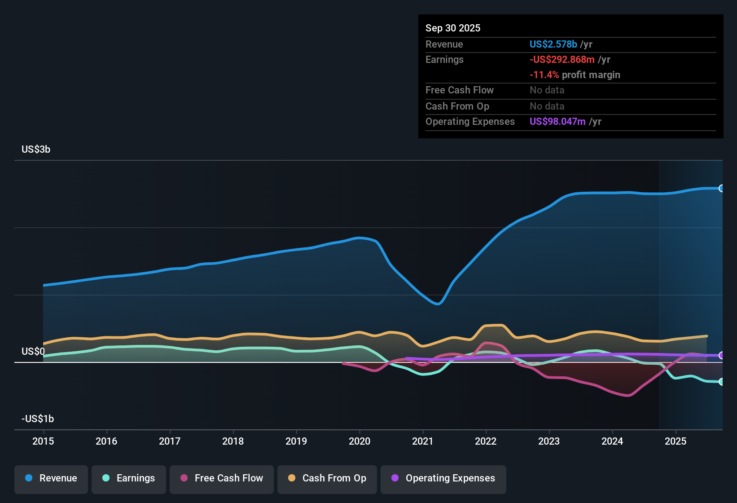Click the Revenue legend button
[x=51, y=478]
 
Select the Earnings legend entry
[x=129, y=478]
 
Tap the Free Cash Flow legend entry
[x=222, y=478]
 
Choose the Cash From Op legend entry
[x=327, y=478]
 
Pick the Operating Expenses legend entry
[x=443, y=478]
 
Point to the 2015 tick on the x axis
[x=43, y=441]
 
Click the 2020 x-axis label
[x=360, y=441]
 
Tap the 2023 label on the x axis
[x=549, y=441]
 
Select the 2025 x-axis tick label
[x=676, y=441]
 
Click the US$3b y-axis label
[x=36, y=150]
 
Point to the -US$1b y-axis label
[x=38, y=419]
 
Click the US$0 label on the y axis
[x=33, y=352]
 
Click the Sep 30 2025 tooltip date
[x=453, y=28]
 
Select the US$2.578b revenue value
[x=553, y=44]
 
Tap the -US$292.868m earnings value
[x=562, y=60]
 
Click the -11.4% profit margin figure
[x=544, y=75]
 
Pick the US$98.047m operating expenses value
[x=557, y=122]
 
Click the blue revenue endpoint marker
[x=721, y=188]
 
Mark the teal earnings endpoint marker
[x=721, y=382]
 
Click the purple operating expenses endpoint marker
[x=721, y=355]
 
